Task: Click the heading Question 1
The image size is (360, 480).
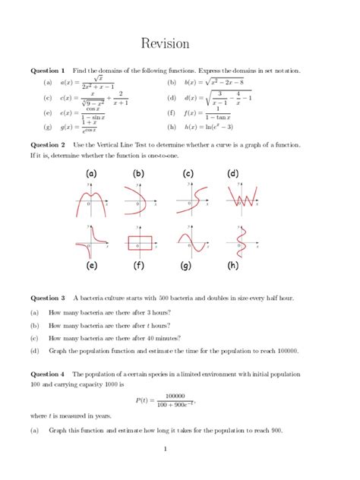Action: [x=47, y=70]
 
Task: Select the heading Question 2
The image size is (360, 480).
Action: [x=47, y=144]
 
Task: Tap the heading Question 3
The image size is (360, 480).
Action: [x=47, y=298]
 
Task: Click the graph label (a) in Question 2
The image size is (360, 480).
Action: [x=92, y=174]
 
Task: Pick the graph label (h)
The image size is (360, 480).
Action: [x=232, y=267]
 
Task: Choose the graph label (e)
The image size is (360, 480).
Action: [x=92, y=267]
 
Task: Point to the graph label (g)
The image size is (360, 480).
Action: [x=185, y=267]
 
